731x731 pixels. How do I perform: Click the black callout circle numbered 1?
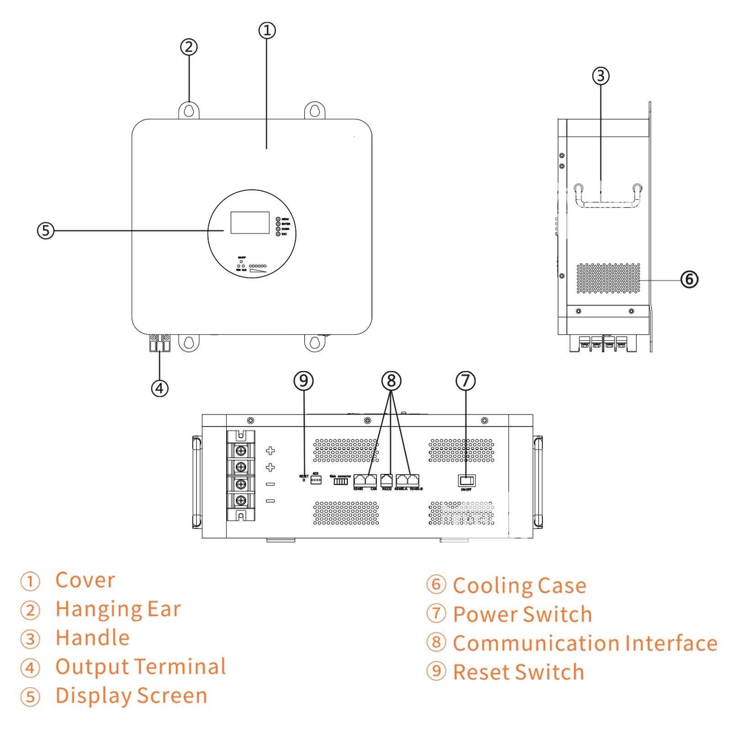[267, 31]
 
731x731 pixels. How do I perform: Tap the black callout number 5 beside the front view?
[45, 230]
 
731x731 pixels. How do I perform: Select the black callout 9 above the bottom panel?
[304, 381]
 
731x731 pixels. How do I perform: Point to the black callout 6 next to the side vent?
[689, 279]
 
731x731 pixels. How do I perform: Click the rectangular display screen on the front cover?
[250, 222]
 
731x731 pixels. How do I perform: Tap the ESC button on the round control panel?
[278, 234]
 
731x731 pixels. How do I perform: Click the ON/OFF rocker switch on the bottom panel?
[466, 481]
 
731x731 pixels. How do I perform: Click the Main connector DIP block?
[340, 482]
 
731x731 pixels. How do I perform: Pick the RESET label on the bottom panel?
[304, 476]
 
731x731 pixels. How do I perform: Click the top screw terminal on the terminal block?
[241, 451]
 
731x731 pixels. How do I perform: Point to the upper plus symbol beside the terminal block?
[270, 451]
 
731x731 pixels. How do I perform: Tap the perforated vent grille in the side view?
[608, 278]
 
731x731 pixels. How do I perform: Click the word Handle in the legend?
[93, 638]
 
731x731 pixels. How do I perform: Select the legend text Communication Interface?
[585, 643]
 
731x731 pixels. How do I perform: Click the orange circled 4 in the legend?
[30, 668]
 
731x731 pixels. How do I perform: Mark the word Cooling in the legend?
[493, 586]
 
